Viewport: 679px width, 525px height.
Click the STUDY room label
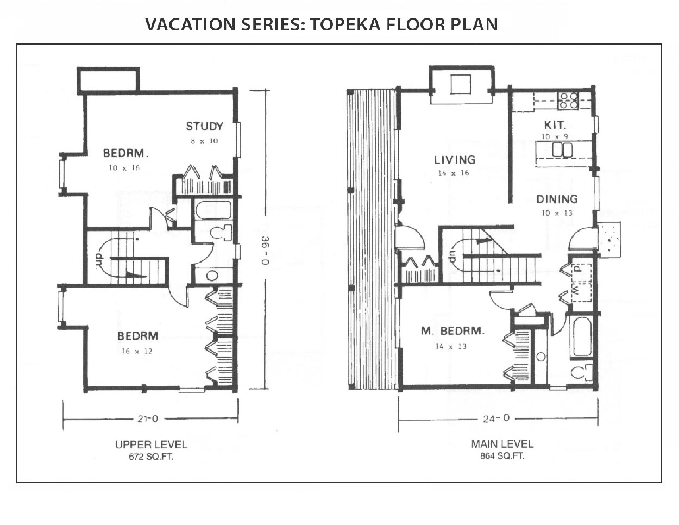coord(205,126)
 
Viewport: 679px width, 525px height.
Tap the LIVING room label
coord(455,160)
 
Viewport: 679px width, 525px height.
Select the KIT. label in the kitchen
coord(555,126)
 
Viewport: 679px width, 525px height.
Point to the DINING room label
coord(557,199)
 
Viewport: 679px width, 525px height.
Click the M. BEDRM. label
coord(452,330)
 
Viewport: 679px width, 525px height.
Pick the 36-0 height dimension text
coord(265,251)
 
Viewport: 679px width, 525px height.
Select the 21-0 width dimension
coord(148,418)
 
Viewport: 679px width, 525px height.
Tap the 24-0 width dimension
coord(496,418)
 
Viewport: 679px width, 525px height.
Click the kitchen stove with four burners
coord(568,101)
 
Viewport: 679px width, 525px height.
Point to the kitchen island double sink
coord(562,149)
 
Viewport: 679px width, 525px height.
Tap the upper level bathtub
coord(213,210)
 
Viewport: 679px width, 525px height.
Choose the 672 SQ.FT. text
coord(151,457)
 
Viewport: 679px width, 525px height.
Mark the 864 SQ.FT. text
coord(502,457)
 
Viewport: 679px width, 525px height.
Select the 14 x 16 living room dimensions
coord(454,173)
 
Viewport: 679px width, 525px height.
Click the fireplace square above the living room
coord(461,84)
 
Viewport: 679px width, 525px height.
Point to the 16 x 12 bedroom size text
coord(137,351)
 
